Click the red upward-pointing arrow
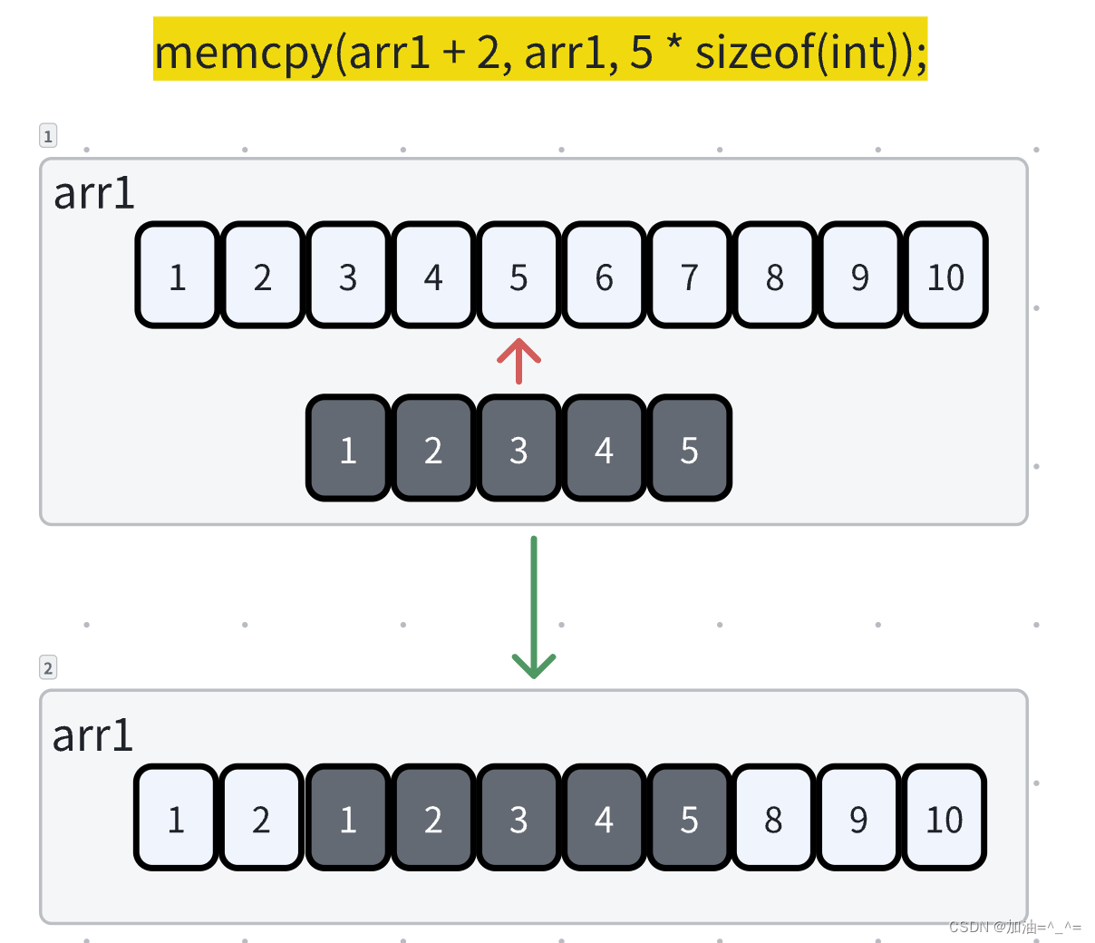tap(518, 361)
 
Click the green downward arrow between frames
tap(534, 608)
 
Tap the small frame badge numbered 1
tap(48, 136)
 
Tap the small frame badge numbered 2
tap(48, 668)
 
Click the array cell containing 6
tap(604, 276)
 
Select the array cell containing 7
tap(689, 276)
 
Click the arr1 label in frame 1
tap(93, 193)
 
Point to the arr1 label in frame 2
tap(92, 735)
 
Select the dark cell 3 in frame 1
tap(518, 449)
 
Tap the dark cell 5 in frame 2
tap(689, 818)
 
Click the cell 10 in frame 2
tap(944, 818)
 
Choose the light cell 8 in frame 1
tap(774, 276)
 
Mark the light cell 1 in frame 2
tap(176, 818)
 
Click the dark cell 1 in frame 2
tap(348, 818)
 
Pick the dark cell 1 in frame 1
tap(348, 449)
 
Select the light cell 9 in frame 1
tap(859, 276)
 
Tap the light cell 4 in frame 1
tap(433, 276)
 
